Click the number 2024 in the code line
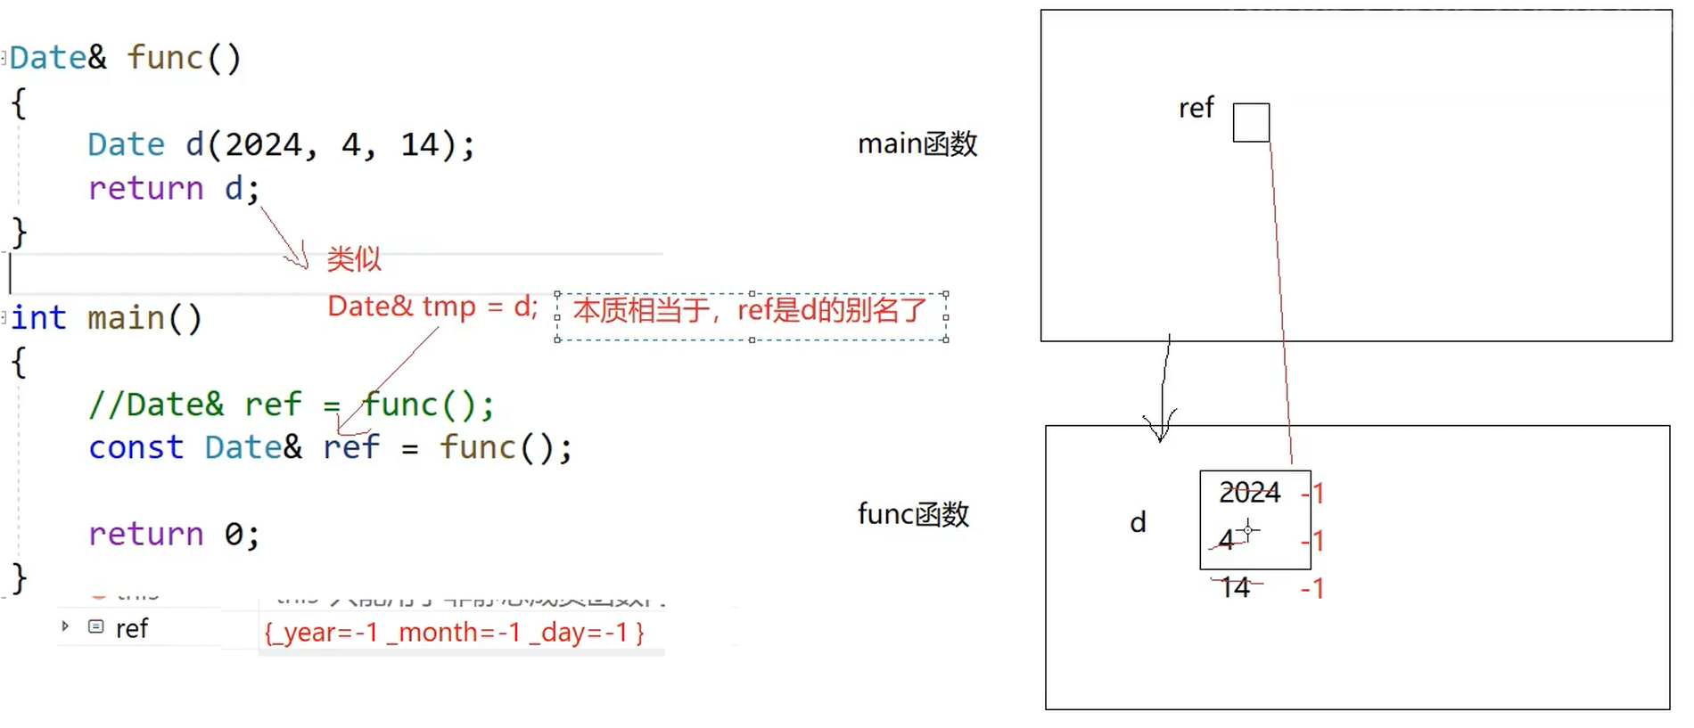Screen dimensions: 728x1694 tap(264, 144)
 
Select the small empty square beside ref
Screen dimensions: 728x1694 tap(1251, 123)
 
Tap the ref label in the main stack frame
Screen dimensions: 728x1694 tap(1196, 108)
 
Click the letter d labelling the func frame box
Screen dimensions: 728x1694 tap(1138, 522)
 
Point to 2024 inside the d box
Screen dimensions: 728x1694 tap(1249, 492)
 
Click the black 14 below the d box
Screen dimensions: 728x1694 tap(1236, 587)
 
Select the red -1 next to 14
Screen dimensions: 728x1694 tap(1312, 588)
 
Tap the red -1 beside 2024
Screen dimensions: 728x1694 tap(1313, 493)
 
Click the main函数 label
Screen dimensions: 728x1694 tap(917, 143)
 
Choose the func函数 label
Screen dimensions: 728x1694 tap(913, 514)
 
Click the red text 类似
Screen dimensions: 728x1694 tap(354, 259)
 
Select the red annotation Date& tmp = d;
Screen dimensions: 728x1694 tap(432, 307)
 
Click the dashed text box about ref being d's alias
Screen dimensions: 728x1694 tap(751, 315)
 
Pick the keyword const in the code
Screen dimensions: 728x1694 tap(136, 447)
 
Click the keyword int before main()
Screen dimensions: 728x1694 tap(38, 318)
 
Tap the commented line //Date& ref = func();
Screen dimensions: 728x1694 tap(291, 405)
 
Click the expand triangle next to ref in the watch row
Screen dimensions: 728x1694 tap(65, 626)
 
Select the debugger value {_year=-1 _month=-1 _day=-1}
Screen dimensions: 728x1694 tap(454, 633)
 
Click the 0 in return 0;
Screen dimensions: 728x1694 tap(233, 534)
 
